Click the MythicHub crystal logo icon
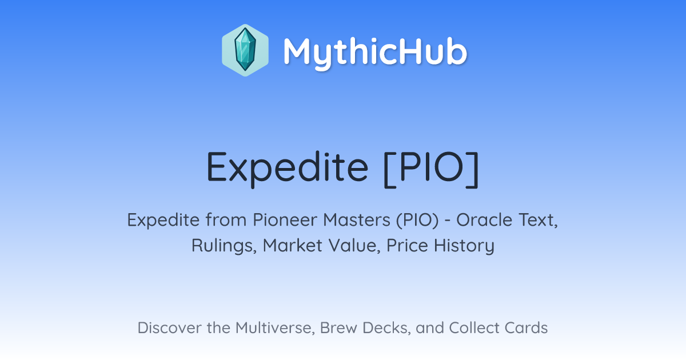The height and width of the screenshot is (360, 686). click(x=245, y=50)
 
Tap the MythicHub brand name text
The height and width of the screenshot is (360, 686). click(x=375, y=52)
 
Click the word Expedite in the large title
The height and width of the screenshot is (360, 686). click(x=287, y=169)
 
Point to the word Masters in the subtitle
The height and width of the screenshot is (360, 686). click(x=357, y=220)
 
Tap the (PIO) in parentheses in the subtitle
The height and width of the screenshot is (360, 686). click(x=417, y=221)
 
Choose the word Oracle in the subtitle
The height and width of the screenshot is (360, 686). click(x=484, y=220)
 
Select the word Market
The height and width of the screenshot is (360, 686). click(x=293, y=246)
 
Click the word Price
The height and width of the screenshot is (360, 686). click(x=407, y=246)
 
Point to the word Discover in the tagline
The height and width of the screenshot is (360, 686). click(x=169, y=328)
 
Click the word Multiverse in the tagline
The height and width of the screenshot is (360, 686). click(x=275, y=328)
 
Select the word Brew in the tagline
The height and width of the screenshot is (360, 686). click(x=338, y=328)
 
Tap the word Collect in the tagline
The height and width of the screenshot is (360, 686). click(x=474, y=328)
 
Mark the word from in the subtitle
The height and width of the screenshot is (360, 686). click(x=226, y=220)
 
